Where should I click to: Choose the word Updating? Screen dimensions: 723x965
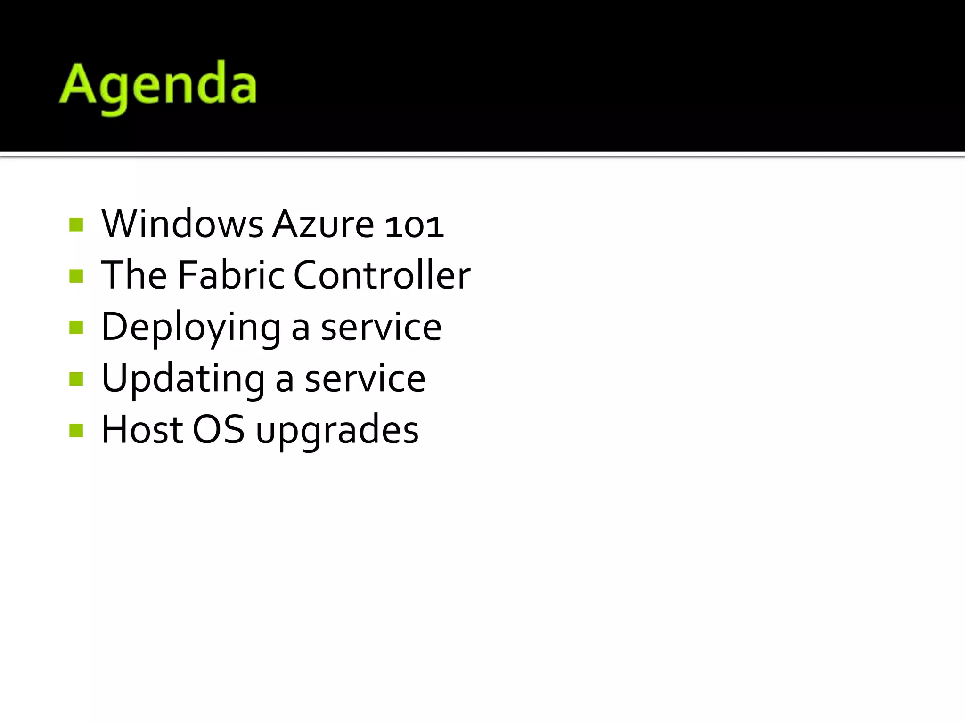coord(183,379)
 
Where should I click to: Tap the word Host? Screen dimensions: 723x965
coord(142,430)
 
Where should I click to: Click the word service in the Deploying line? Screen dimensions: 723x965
coord(381,328)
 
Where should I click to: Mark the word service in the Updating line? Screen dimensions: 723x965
coord(365,379)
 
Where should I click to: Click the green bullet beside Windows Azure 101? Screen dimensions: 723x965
coord(76,225)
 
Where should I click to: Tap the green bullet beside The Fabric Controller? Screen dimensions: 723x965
coord(76,276)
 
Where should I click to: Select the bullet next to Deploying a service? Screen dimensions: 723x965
coord(76,327)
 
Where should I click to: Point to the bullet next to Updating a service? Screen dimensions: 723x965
coord(76,378)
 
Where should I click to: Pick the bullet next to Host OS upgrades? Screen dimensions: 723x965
coord(76,430)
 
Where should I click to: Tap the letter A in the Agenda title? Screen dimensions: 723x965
coord(78,84)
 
